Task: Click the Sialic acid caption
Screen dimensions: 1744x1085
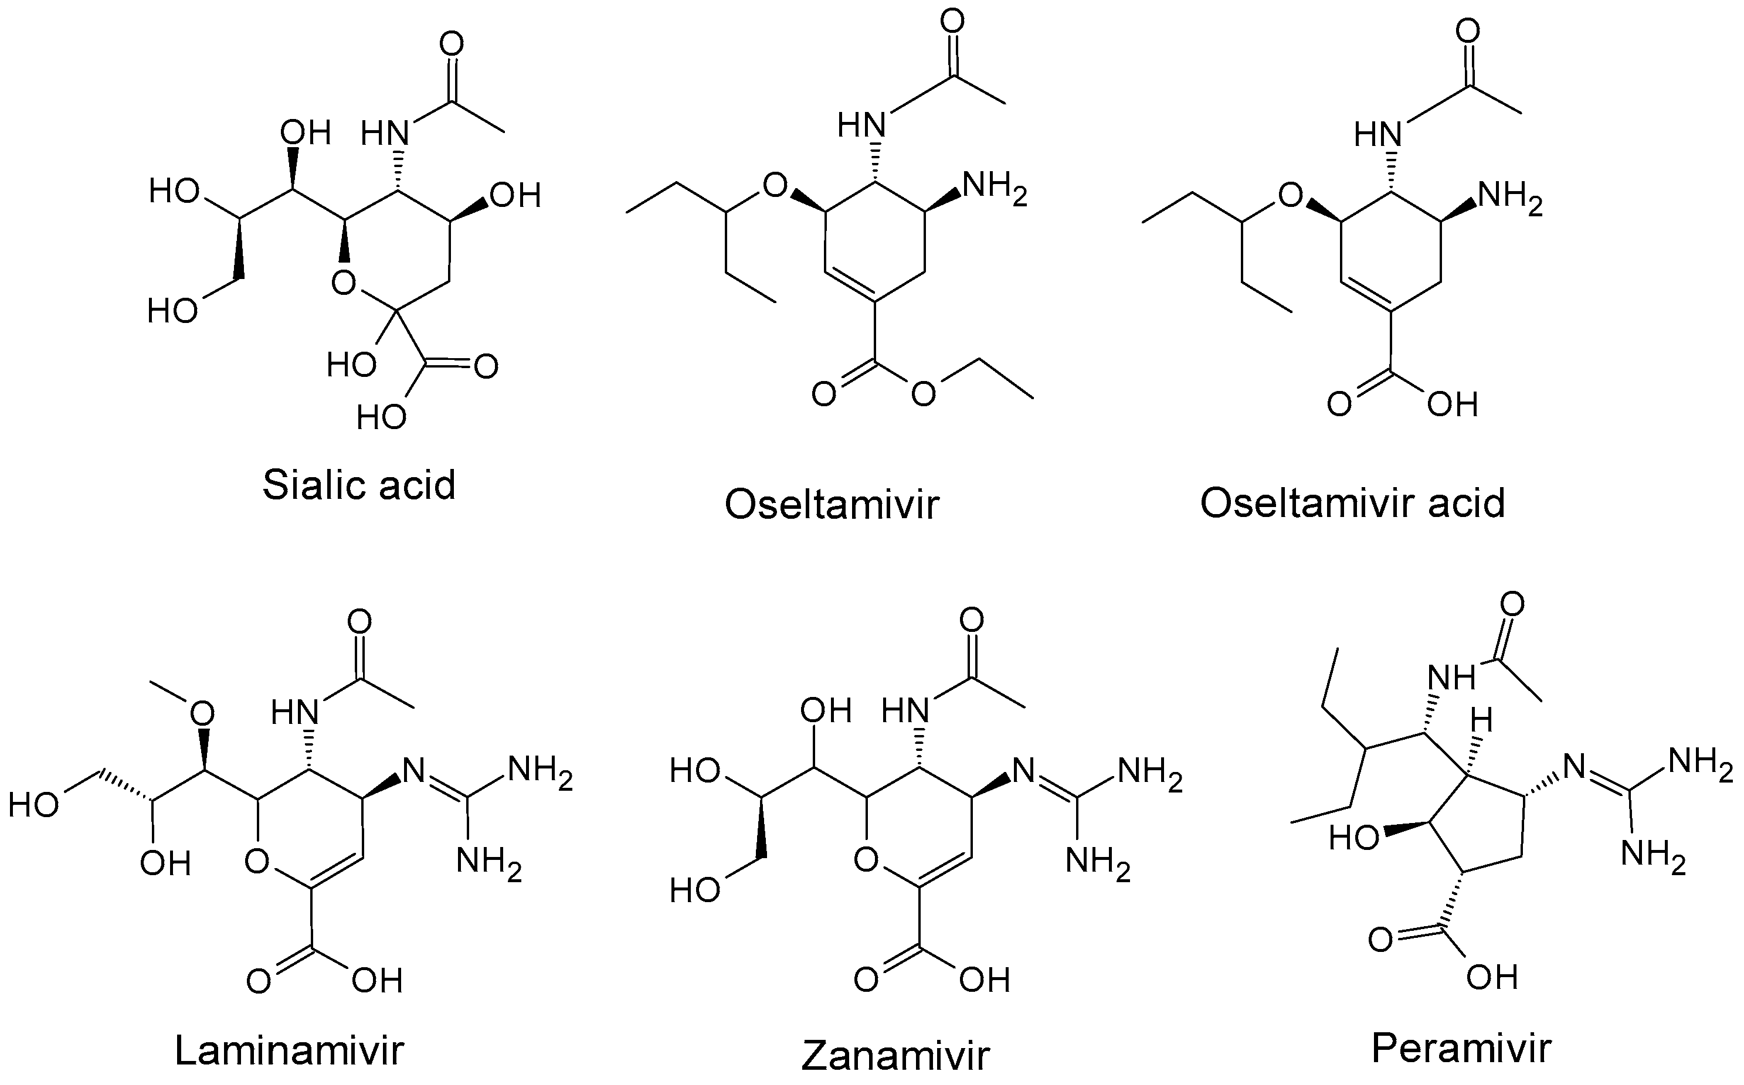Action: click(359, 485)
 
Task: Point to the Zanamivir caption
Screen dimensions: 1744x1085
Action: click(895, 1054)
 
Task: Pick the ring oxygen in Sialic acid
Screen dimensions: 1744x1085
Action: click(344, 283)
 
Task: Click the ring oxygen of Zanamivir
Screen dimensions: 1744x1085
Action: click(866, 858)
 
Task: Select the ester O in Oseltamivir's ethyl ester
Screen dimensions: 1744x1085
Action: click(924, 394)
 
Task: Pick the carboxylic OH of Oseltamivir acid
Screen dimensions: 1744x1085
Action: click(1452, 404)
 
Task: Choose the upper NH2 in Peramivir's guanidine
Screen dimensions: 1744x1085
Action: click(1699, 762)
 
